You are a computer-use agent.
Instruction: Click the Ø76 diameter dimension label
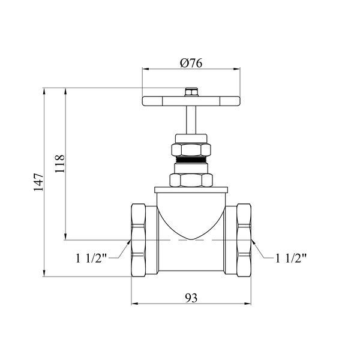pos(191,63)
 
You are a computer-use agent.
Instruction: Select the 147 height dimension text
pos(38,182)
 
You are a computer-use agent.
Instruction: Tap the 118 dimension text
pos(59,164)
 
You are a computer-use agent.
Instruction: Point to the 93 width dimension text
pos(191,298)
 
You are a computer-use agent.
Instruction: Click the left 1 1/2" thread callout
pos(91,258)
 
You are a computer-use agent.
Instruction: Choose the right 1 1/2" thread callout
pos(290,258)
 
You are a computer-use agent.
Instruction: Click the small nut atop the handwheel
pos(191,92)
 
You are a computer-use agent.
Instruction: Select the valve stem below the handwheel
pos(191,120)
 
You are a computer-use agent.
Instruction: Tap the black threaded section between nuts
pos(191,160)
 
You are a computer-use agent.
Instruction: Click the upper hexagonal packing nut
pos(191,149)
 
